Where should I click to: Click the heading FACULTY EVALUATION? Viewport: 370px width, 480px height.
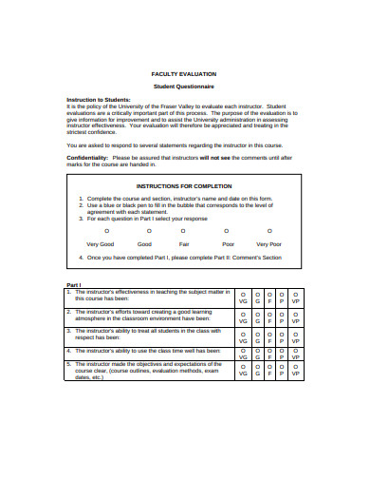[x=184, y=73]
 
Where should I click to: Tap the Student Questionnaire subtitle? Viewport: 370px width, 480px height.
[x=184, y=85]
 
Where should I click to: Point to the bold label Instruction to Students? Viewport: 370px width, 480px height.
[x=99, y=99]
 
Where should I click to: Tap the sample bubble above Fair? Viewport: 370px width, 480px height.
[x=185, y=230]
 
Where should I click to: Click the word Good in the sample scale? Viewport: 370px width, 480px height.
[x=145, y=244]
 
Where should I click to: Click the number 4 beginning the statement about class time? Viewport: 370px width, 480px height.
[x=69, y=350]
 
